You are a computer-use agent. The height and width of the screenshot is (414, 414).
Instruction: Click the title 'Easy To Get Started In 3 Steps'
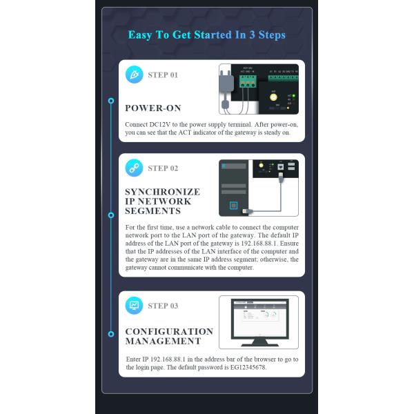(207, 35)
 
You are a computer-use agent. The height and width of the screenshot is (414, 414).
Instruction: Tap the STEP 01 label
(163, 75)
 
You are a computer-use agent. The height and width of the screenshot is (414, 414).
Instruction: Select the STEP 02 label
(163, 168)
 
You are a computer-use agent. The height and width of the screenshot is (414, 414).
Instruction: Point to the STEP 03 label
(163, 306)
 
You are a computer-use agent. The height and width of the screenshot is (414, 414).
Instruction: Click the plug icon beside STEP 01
(135, 75)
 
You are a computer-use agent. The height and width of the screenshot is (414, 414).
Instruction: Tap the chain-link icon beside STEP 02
(134, 168)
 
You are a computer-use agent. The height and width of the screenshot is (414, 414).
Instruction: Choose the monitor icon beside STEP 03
(134, 306)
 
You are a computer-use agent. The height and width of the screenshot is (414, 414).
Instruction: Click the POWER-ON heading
(153, 108)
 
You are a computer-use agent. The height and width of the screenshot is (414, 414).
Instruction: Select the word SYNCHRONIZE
(163, 192)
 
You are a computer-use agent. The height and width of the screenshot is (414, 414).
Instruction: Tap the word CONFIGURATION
(169, 331)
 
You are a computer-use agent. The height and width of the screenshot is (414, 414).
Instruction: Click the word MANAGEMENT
(163, 341)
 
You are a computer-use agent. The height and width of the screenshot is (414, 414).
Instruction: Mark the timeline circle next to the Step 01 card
(111, 101)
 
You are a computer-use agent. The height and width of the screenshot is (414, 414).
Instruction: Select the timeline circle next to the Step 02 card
(111, 215)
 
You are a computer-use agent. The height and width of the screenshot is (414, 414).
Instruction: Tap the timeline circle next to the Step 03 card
(111, 334)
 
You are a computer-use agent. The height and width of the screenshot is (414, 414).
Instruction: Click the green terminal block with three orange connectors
(248, 81)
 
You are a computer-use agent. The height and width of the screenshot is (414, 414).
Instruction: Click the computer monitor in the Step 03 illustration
(260, 322)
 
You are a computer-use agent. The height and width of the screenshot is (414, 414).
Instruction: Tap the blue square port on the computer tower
(234, 206)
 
